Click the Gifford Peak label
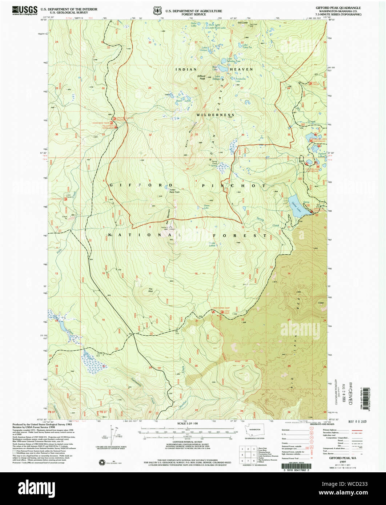point(201,77)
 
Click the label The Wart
point(150,290)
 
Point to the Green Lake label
point(206,207)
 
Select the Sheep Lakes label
point(212,245)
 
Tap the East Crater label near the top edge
point(242,23)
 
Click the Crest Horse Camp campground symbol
point(213,312)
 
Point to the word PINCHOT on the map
point(234,185)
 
